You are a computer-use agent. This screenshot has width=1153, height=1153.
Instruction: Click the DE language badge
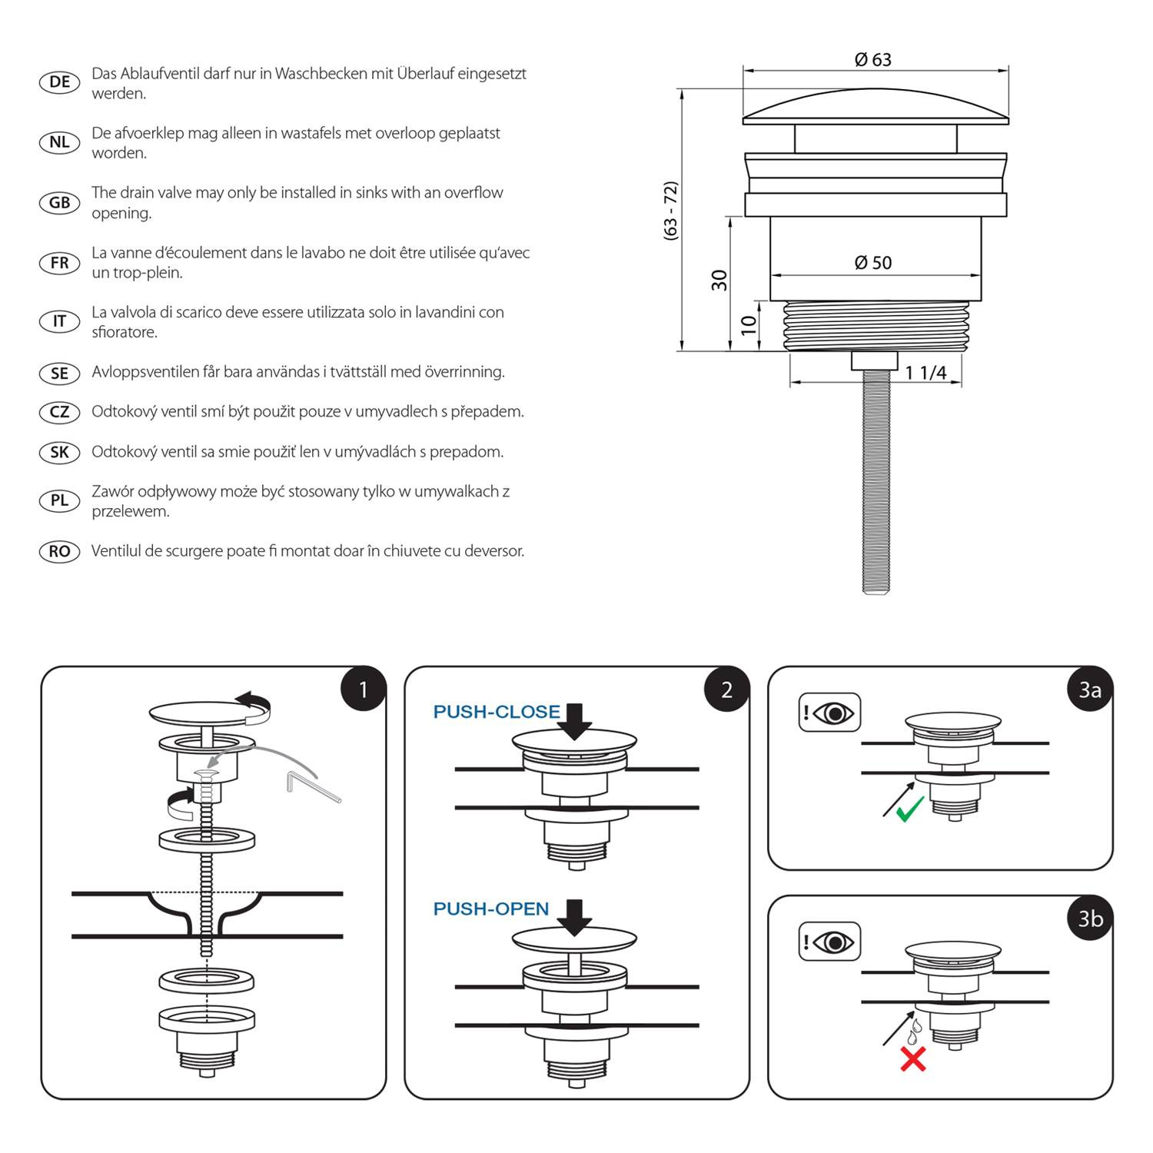(x=59, y=82)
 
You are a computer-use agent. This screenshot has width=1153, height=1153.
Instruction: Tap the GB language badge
(x=59, y=203)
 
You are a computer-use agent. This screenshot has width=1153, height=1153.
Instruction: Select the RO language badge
(x=59, y=551)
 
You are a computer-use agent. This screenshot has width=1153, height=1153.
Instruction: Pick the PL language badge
(x=59, y=500)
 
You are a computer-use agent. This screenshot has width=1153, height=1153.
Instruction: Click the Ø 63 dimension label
(x=872, y=59)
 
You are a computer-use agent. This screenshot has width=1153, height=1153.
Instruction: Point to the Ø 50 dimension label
(x=873, y=263)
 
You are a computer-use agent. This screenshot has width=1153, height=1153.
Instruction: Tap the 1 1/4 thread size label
(x=925, y=373)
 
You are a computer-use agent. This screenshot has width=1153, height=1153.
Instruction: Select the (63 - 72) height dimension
(x=671, y=211)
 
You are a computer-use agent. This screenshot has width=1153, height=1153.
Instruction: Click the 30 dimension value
(x=719, y=280)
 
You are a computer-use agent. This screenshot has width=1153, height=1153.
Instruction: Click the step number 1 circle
(x=363, y=689)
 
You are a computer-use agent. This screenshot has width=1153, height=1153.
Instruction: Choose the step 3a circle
(x=1090, y=689)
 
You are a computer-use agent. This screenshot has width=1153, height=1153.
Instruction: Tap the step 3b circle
(x=1090, y=918)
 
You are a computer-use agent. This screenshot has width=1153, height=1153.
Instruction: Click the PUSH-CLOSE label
(x=497, y=712)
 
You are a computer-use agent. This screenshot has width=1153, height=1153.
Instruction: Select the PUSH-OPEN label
(x=491, y=909)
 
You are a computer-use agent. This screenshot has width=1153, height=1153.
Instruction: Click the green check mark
(x=909, y=809)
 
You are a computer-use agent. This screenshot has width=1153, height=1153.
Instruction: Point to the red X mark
(x=913, y=1059)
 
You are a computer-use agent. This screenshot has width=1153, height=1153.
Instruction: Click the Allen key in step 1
(x=311, y=786)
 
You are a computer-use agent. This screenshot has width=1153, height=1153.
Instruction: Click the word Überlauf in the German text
(x=424, y=74)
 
